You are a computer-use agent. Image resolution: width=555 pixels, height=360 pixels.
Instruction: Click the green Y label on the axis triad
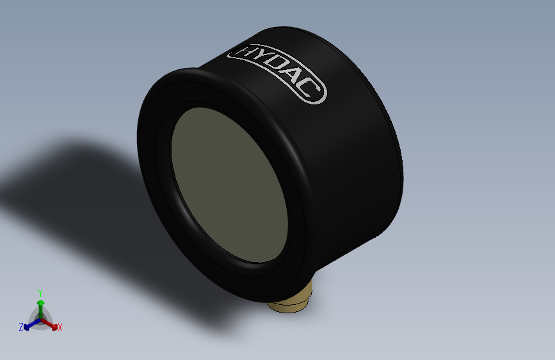coord(40,292)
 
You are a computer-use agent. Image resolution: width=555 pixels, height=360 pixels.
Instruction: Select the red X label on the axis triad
coord(60,328)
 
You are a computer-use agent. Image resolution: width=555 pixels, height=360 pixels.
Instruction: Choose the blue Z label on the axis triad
coord(21,327)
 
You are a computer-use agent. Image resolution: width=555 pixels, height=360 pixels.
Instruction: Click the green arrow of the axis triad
coord(40,306)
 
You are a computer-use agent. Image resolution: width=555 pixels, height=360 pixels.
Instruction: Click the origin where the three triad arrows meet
coord(40,318)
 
